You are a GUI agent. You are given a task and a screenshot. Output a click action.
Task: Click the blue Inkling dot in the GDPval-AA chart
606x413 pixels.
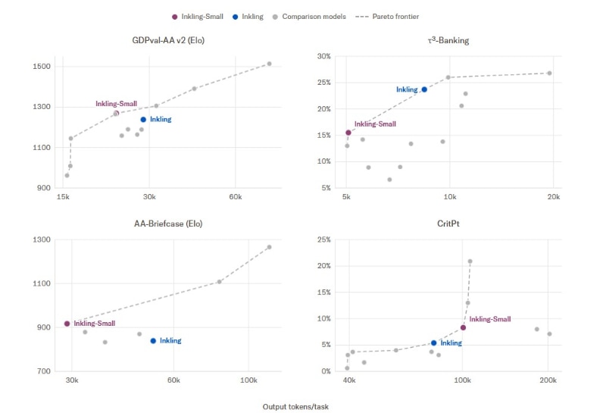pyautogui.click(x=143, y=120)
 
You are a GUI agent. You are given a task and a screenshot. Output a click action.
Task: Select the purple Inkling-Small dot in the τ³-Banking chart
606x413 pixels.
pyautogui.click(x=348, y=133)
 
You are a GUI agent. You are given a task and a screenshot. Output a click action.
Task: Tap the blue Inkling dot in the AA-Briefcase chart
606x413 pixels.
pyautogui.click(x=154, y=341)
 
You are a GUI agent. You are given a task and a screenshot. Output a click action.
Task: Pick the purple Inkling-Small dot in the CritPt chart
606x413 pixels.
pyautogui.click(x=463, y=327)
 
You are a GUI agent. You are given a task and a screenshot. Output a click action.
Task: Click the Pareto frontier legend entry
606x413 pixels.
pyautogui.click(x=387, y=17)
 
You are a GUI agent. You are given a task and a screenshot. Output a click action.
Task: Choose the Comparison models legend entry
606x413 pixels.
pyautogui.click(x=309, y=17)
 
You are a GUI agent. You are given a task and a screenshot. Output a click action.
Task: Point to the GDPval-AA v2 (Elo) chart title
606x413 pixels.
pyautogui.click(x=168, y=40)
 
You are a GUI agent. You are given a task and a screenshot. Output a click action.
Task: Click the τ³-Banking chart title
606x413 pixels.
pyautogui.click(x=448, y=40)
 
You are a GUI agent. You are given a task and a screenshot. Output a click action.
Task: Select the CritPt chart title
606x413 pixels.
pyautogui.click(x=448, y=224)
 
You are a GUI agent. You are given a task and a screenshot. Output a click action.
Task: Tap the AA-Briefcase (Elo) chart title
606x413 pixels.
pyautogui.click(x=168, y=224)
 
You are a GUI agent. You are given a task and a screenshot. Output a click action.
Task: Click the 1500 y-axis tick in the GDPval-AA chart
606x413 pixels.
pyautogui.click(x=42, y=67)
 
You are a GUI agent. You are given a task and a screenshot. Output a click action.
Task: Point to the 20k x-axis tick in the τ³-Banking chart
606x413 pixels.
pyautogui.click(x=554, y=197)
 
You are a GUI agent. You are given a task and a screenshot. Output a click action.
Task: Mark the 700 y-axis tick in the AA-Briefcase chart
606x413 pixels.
pyautogui.click(x=44, y=371)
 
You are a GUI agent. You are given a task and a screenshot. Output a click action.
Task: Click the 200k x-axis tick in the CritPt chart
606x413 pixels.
pyautogui.click(x=548, y=380)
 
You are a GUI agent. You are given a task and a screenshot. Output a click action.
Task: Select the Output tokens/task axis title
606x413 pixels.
pyautogui.click(x=295, y=407)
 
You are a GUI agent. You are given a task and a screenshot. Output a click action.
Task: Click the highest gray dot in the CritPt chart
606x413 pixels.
pyautogui.click(x=470, y=261)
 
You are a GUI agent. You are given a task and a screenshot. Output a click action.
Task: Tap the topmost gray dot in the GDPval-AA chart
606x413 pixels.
pyautogui.click(x=270, y=64)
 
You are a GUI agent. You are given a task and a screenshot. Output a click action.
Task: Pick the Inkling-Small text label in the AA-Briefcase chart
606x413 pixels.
pyautogui.click(x=95, y=324)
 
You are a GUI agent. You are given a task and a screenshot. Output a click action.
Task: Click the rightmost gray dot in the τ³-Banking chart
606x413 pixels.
pyautogui.click(x=549, y=73)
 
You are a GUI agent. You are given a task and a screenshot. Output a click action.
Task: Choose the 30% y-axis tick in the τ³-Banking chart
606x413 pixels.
pyautogui.click(x=324, y=57)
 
